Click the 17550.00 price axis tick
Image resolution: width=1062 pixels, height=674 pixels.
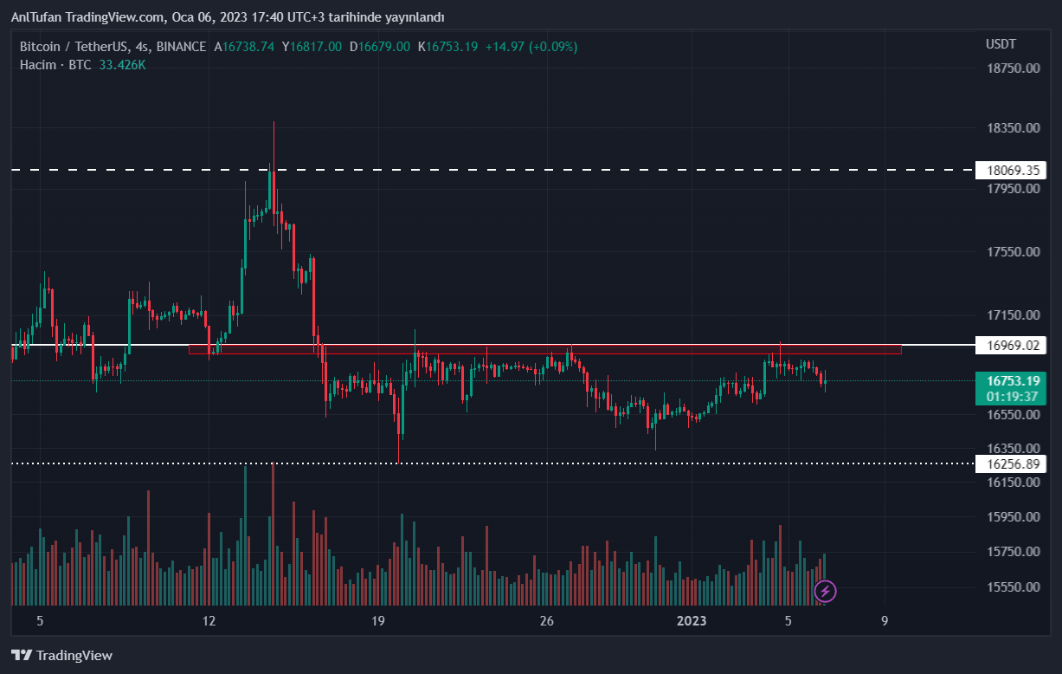[1013, 252]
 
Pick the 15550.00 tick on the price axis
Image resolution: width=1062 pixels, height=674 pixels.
[1013, 587]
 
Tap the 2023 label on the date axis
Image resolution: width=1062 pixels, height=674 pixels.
[692, 620]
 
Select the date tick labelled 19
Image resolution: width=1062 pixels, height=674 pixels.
[377, 620]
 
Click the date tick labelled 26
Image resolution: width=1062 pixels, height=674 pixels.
[546, 620]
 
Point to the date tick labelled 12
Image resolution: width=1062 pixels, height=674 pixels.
[209, 620]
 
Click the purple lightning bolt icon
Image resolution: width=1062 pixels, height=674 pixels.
[826, 591]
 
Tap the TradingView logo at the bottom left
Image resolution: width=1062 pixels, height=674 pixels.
[61, 656]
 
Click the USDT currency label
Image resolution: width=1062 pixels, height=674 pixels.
[1001, 44]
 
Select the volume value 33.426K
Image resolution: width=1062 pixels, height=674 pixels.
[121, 65]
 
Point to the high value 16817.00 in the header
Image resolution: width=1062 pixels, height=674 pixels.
[316, 47]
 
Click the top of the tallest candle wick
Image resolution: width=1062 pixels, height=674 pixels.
[274, 122]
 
